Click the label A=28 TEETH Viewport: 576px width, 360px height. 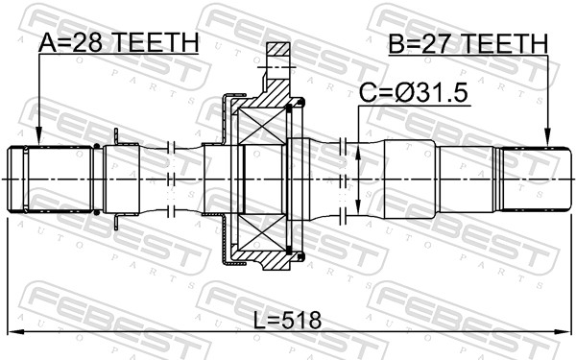tap(118, 42)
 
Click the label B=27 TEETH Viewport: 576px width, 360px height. tap(468, 43)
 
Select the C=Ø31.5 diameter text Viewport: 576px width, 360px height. tap(414, 93)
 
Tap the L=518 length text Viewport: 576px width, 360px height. tap(288, 320)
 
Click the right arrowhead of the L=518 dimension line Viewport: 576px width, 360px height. tap(563, 332)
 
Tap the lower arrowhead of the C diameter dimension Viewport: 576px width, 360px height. tap(358, 205)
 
